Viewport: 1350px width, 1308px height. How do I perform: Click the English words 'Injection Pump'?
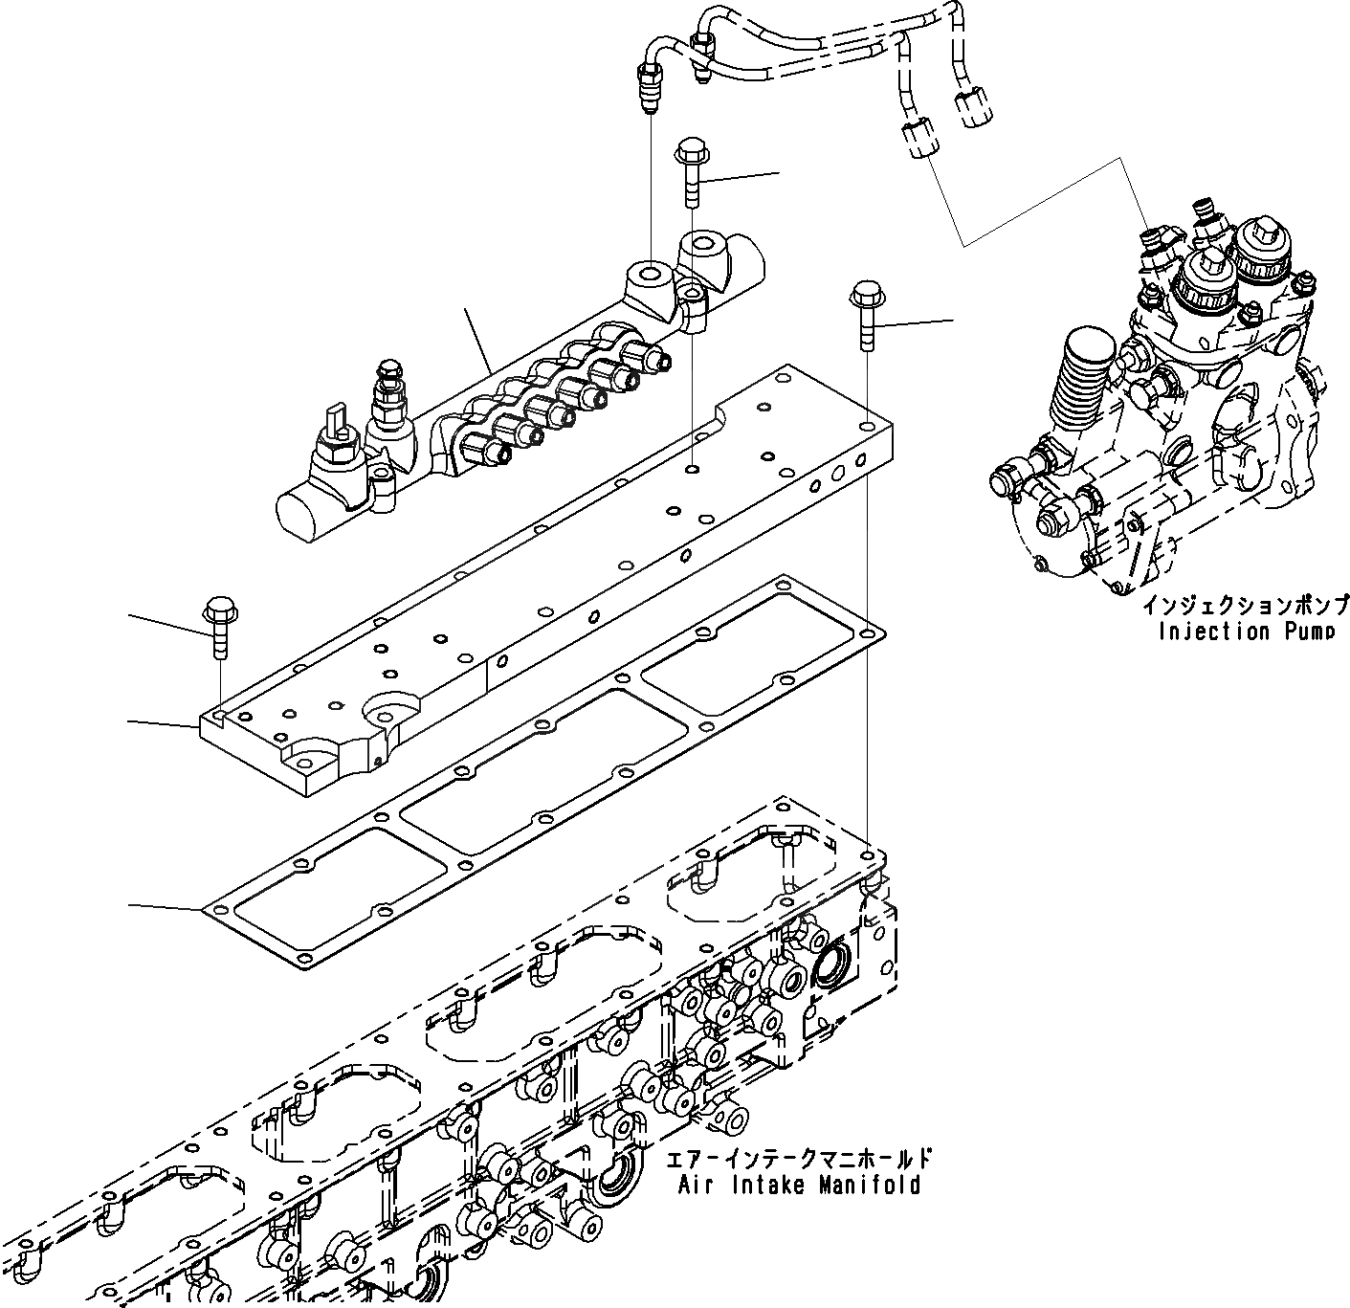coord(1245,632)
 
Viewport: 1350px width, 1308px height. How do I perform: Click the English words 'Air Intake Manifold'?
coord(799,1186)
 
